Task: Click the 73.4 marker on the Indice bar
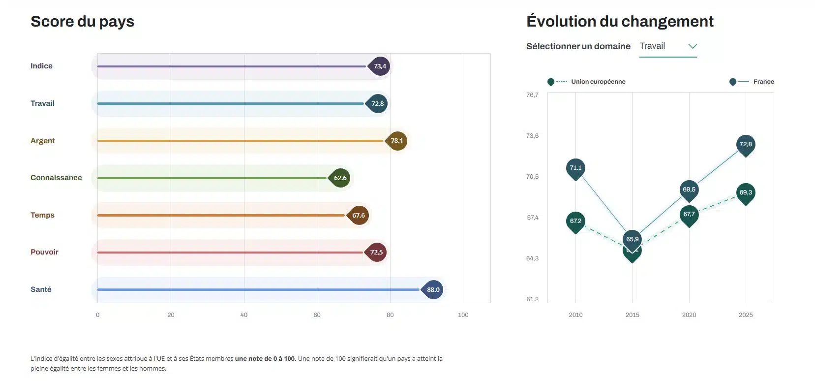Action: pyautogui.click(x=379, y=66)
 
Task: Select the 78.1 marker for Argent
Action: pyautogui.click(x=396, y=141)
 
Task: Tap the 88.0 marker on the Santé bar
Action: pyautogui.click(x=433, y=289)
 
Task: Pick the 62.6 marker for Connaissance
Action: pyautogui.click(x=340, y=178)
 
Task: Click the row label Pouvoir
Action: pyautogui.click(x=44, y=252)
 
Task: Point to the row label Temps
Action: pyautogui.click(x=42, y=215)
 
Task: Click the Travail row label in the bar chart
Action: pyautogui.click(x=42, y=103)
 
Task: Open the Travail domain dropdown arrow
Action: pyautogui.click(x=693, y=46)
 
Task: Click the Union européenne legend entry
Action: pyautogui.click(x=598, y=82)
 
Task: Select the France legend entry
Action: pyautogui.click(x=763, y=82)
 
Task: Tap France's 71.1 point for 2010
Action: pyautogui.click(x=575, y=168)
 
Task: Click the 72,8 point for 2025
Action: pyautogui.click(x=746, y=144)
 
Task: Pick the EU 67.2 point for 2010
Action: pyautogui.click(x=575, y=221)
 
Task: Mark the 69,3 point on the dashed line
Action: pyautogui.click(x=746, y=192)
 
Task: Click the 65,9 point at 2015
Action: pyautogui.click(x=633, y=239)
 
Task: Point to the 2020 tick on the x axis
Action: pyautogui.click(x=689, y=315)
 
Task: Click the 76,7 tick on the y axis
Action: pyautogui.click(x=532, y=95)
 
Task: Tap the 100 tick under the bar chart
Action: pyautogui.click(x=463, y=315)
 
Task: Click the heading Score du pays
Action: pyautogui.click(x=82, y=22)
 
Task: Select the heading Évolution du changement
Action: pyautogui.click(x=620, y=22)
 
